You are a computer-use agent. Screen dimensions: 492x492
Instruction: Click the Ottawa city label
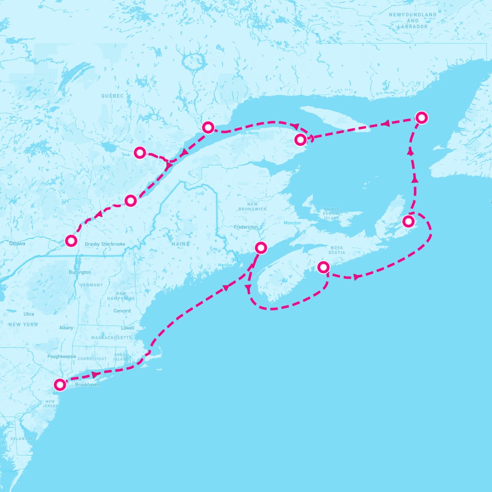17,244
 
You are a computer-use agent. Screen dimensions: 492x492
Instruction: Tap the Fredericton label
246,227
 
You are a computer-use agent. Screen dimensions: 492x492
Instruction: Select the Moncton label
292,223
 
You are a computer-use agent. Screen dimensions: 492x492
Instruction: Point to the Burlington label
80,272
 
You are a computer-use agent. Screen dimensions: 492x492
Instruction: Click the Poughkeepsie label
62,356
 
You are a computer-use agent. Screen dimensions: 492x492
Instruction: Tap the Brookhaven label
87,385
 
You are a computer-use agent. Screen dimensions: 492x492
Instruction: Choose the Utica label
29,314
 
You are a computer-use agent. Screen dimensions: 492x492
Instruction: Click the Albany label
66,328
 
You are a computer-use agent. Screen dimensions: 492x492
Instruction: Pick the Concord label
122,311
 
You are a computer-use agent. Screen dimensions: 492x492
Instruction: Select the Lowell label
128,328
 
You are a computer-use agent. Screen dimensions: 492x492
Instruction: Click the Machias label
225,265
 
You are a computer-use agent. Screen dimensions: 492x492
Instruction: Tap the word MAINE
180,244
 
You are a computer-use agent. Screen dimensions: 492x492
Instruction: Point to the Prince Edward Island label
332,213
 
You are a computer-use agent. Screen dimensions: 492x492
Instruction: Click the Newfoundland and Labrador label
413,20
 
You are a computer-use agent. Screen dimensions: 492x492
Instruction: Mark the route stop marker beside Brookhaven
60,385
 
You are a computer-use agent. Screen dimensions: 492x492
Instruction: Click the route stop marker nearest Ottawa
71,240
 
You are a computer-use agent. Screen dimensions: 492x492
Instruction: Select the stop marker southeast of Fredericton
261,248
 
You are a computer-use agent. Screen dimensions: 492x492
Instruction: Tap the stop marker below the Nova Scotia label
323,267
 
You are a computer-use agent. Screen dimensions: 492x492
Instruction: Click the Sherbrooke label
114,244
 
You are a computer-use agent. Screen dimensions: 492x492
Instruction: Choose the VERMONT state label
91,285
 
